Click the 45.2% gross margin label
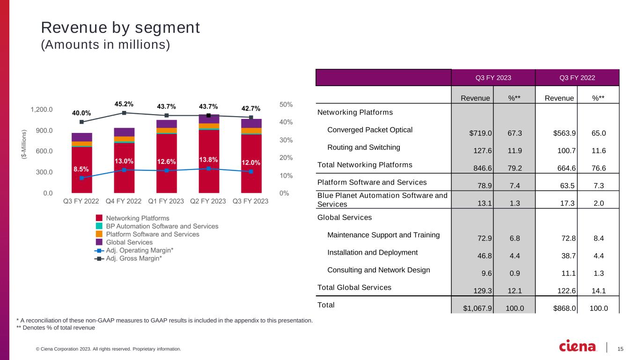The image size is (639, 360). click(x=124, y=104)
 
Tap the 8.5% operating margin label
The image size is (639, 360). click(x=81, y=169)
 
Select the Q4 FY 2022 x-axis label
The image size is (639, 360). click(x=124, y=201)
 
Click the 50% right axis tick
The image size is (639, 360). click(x=286, y=105)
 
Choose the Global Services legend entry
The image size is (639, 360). click(x=129, y=242)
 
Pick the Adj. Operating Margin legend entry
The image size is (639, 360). click(x=140, y=250)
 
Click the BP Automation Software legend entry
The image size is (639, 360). click(x=162, y=226)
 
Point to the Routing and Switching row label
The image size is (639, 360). click(x=364, y=147)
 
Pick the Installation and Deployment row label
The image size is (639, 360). click(x=372, y=253)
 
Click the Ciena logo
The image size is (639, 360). click(x=578, y=346)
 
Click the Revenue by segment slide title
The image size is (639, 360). click(x=120, y=28)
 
